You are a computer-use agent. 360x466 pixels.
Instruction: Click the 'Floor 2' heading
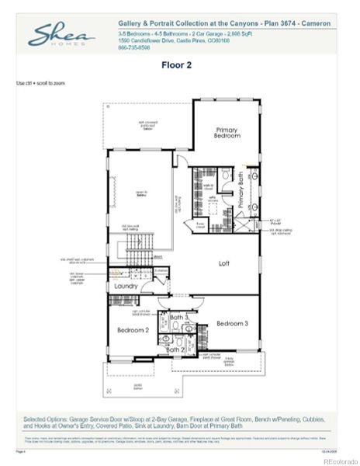(x=178, y=66)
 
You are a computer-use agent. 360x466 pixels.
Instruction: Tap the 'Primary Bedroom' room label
(x=226, y=131)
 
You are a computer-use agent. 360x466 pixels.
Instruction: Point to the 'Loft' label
(x=223, y=263)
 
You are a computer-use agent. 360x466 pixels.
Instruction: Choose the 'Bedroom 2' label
(x=133, y=330)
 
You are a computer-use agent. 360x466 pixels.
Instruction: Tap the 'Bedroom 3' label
(x=231, y=323)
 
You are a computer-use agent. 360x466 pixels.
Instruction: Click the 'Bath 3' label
(x=179, y=317)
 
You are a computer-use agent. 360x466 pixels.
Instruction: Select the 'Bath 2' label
(x=176, y=349)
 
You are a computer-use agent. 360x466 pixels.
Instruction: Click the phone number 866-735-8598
(x=134, y=48)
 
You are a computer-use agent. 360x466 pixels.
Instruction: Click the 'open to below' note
(x=141, y=195)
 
